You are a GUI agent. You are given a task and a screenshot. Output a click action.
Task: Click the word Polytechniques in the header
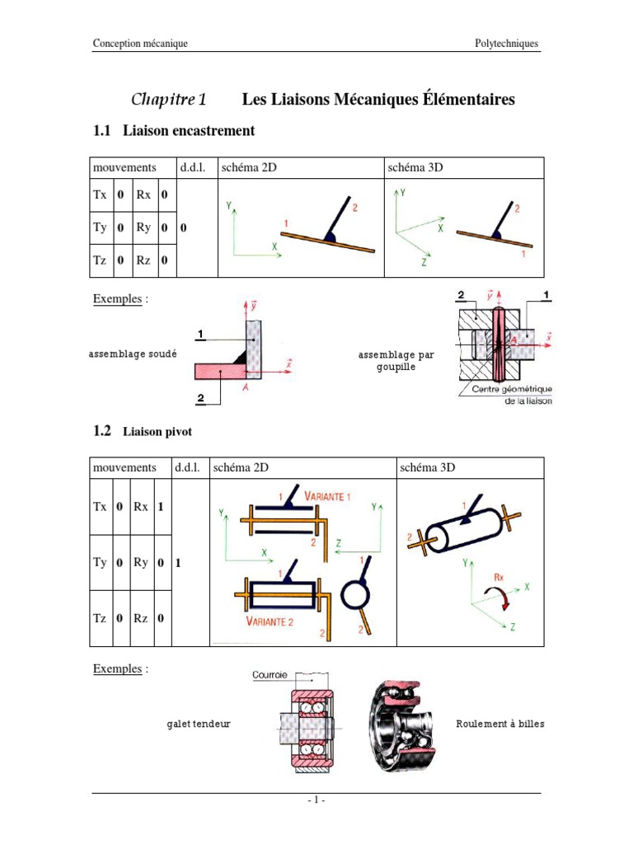506,44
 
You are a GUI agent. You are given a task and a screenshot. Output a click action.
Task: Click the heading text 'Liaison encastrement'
189,131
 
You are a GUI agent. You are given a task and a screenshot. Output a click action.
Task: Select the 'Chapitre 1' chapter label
168,100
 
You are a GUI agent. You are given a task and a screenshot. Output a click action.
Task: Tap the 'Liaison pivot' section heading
157,431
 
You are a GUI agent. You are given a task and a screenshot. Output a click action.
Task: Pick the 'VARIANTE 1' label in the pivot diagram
327,496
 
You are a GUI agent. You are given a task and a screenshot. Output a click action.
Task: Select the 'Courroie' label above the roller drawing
270,674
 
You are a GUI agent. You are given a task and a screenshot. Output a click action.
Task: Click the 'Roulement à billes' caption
500,724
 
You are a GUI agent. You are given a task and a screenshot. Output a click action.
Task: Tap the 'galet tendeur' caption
198,724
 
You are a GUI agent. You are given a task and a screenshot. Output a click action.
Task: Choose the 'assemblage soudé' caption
133,354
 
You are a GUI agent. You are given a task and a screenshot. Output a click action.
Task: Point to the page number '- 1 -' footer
316,800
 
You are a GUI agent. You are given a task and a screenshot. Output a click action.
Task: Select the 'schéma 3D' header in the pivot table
427,467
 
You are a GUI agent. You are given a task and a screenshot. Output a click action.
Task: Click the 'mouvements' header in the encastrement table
124,167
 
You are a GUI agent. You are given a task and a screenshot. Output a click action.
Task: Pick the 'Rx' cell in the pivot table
142,507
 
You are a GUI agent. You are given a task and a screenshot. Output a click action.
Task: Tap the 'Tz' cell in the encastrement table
101,260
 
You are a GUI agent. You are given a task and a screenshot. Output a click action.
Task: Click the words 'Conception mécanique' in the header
140,44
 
